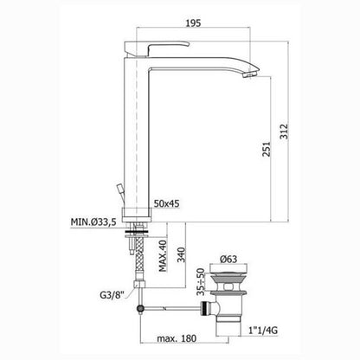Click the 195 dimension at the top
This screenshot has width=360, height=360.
193,23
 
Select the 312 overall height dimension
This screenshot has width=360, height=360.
284,132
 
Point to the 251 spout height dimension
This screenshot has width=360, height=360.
267,149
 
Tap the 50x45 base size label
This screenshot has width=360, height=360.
166,203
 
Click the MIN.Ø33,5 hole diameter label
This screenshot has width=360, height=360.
93,222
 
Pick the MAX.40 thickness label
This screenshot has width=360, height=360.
163,255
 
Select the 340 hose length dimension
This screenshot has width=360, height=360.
182,254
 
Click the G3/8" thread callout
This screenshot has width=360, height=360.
112,295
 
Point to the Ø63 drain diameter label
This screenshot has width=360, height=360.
228,259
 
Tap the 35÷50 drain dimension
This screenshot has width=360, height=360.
201,282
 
